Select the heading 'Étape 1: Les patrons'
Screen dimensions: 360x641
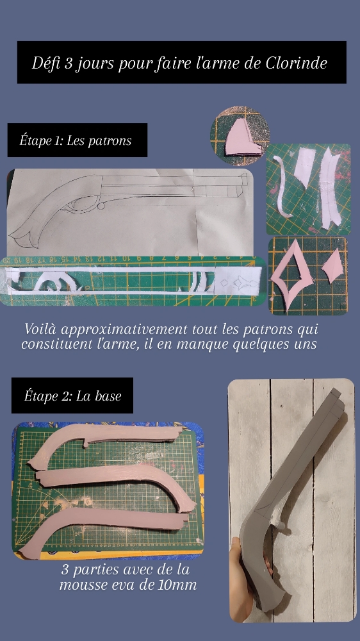76,140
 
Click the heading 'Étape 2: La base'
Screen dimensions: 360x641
72,395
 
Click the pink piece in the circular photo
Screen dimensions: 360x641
242,137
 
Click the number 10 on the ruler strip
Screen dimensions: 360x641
126,259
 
